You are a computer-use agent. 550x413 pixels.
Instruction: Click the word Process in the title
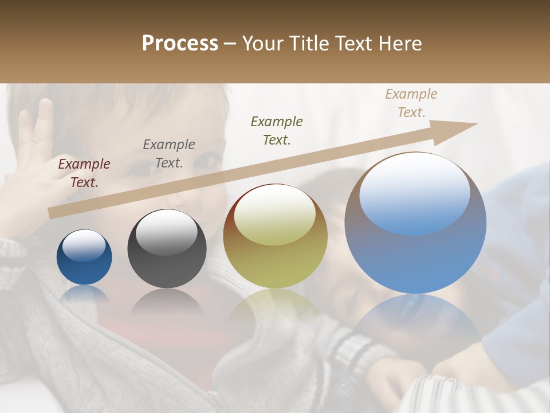pos(180,44)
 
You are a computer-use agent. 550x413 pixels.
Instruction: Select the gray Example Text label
pos(169,154)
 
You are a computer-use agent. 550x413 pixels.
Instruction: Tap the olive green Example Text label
pos(277,130)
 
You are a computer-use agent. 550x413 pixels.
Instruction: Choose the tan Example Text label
pos(411,103)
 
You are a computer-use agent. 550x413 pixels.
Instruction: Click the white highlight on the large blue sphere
pos(415,192)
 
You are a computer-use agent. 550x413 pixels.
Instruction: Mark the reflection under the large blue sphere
pos(415,321)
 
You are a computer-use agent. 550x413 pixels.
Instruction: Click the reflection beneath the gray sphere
pos(167,301)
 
